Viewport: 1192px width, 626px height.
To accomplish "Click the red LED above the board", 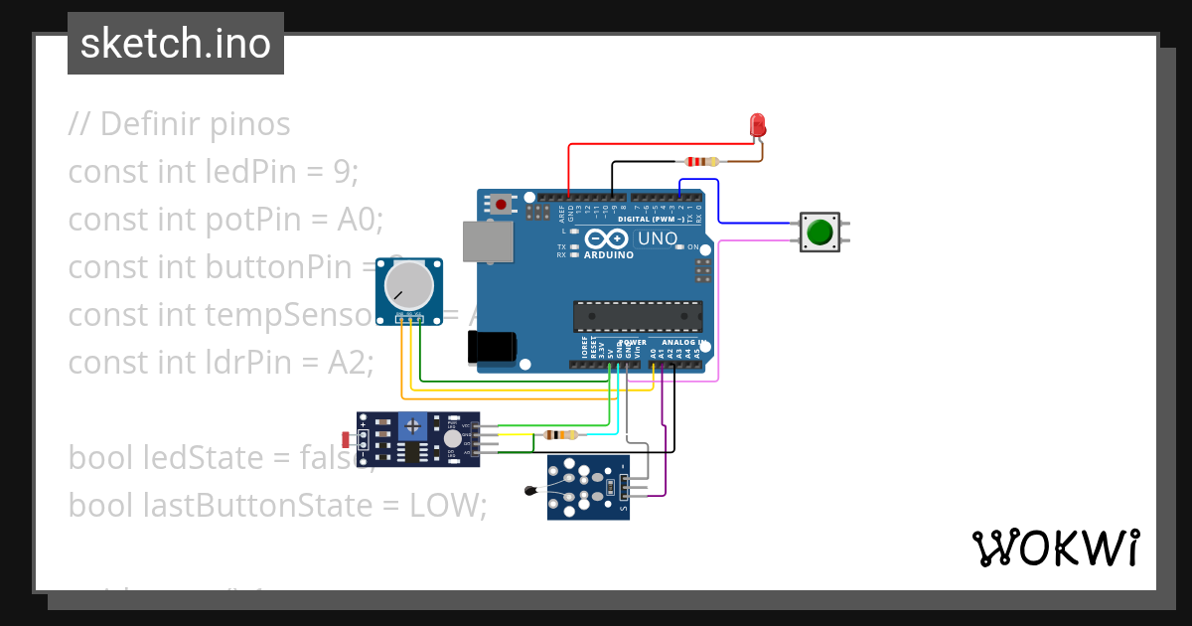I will [757, 125].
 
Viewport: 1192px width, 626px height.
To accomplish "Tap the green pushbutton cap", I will [819, 233].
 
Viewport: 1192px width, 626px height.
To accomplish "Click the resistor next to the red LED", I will [703, 162].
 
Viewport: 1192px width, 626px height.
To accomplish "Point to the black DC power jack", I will [492, 346].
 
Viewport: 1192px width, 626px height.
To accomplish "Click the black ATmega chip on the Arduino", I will [637, 316].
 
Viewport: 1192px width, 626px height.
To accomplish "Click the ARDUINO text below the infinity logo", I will [608, 253].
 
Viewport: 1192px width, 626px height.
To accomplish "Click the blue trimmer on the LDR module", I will [411, 426].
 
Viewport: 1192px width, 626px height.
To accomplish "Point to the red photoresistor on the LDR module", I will [347, 439].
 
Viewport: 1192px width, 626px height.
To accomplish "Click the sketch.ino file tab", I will [176, 44].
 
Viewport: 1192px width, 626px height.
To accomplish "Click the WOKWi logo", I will [1055, 548].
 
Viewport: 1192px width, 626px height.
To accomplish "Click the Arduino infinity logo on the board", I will [608, 238].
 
